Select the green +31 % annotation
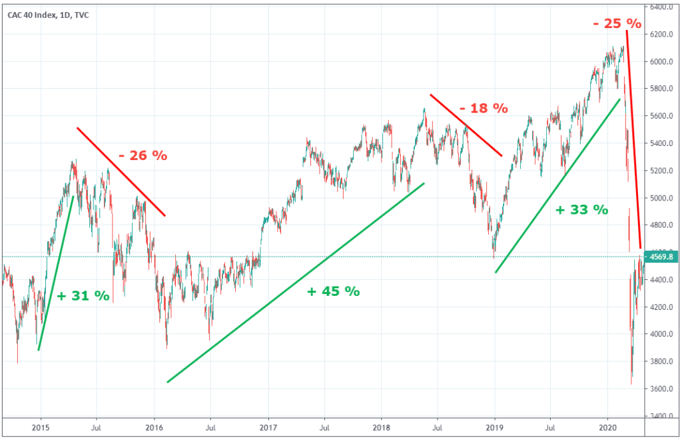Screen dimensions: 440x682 [x=83, y=296]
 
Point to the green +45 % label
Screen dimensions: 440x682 [x=333, y=291]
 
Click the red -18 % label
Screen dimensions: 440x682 [x=482, y=107]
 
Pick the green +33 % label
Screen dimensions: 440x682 [x=581, y=209]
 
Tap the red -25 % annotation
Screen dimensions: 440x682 [x=617, y=24]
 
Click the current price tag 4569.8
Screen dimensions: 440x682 [x=661, y=257]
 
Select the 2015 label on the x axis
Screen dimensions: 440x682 [x=41, y=427]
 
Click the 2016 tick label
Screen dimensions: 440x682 [x=155, y=427]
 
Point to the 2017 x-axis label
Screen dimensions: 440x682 [x=268, y=427]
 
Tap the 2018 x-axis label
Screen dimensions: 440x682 [x=382, y=427]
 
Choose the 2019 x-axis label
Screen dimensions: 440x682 [x=495, y=427]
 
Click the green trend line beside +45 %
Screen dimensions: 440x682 [x=296, y=283]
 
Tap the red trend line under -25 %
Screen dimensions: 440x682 [x=633, y=140]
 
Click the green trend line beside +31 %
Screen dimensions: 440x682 [x=55, y=273]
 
